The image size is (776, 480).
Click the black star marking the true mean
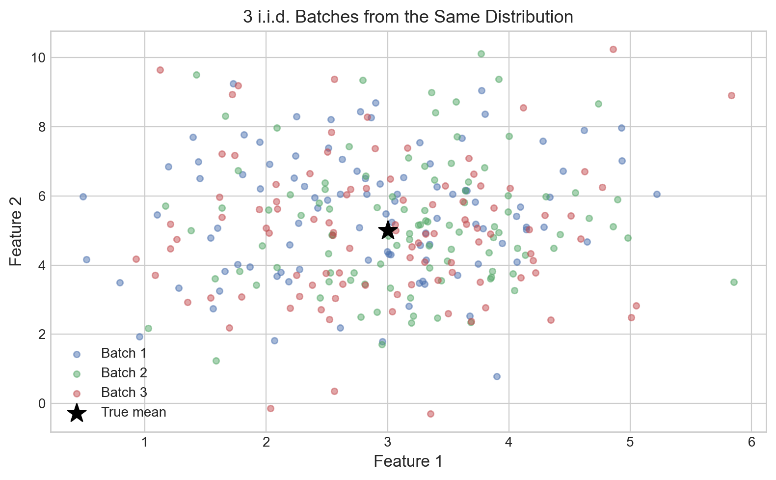click(x=388, y=230)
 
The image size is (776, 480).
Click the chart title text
click(x=408, y=17)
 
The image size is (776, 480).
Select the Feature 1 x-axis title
click(x=408, y=461)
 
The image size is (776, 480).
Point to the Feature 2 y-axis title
click(x=16, y=231)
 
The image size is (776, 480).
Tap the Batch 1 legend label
click(x=124, y=353)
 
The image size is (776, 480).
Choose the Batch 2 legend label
click(x=124, y=373)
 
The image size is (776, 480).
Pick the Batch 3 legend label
click(x=124, y=393)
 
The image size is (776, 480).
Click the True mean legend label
click(x=134, y=412)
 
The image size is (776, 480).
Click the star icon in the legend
click(x=77, y=413)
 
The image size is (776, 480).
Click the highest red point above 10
click(x=613, y=49)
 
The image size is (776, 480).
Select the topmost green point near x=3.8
click(x=481, y=54)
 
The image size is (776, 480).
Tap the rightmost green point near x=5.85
click(x=734, y=282)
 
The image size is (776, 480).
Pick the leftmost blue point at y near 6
click(x=83, y=197)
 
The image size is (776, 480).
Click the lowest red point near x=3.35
click(x=430, y=414)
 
